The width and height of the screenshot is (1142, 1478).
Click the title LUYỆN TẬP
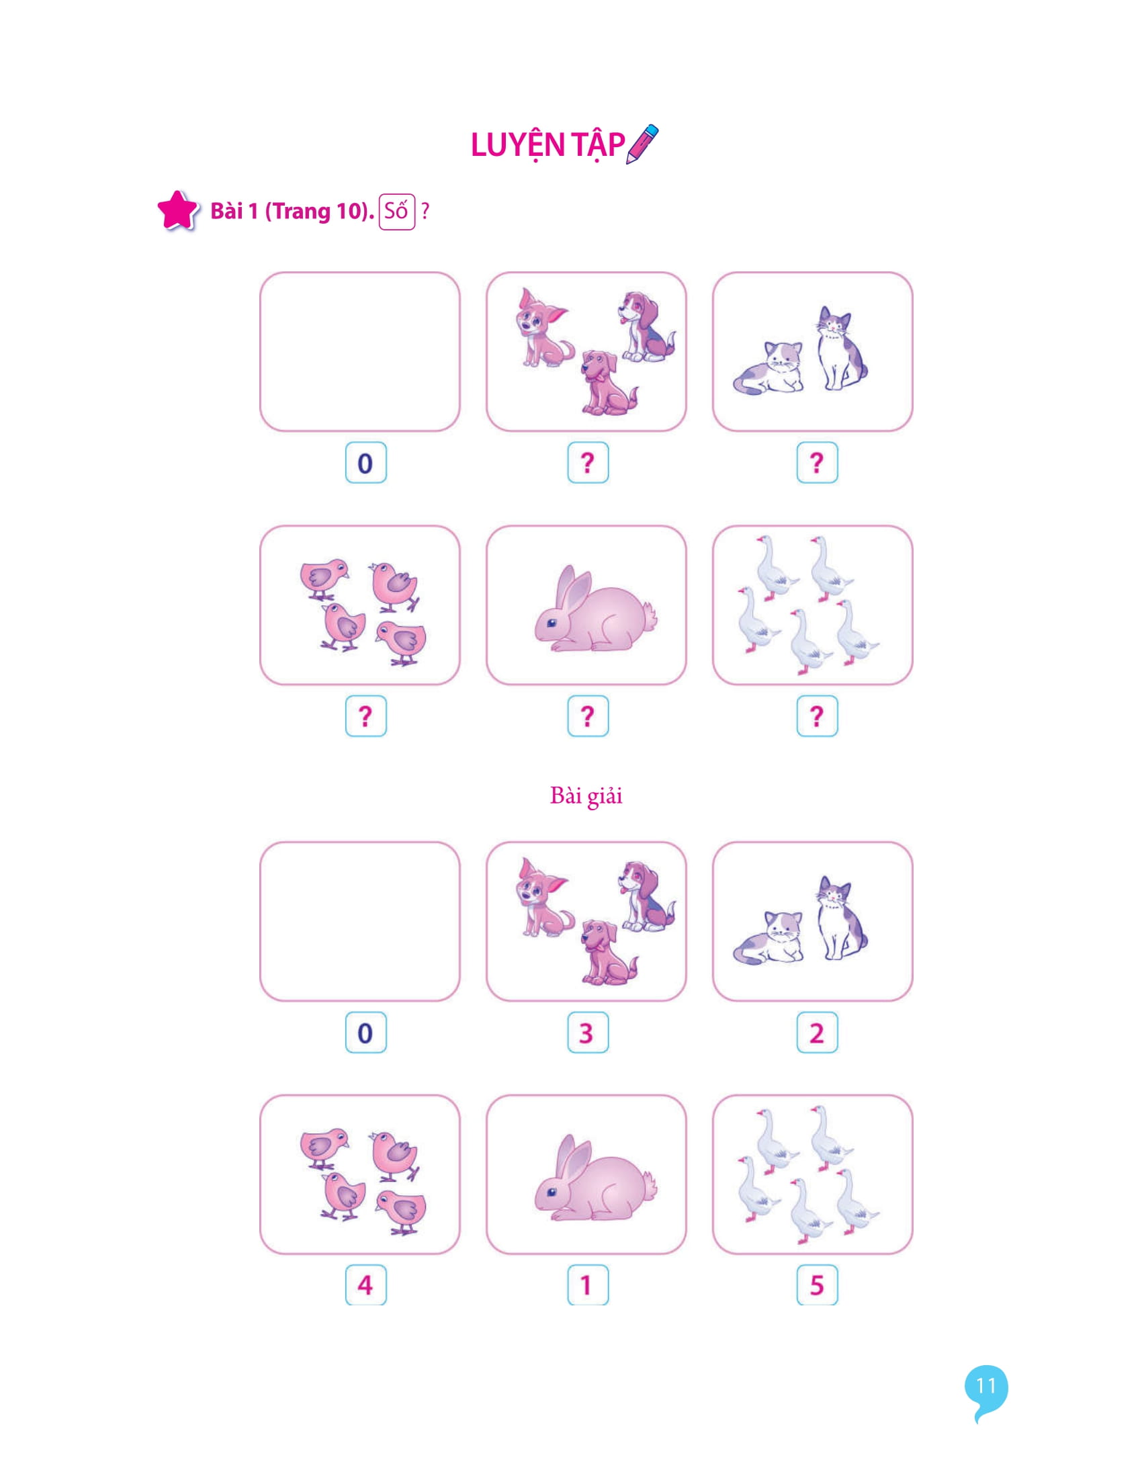(547, 146)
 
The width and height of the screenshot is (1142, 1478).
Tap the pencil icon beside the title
(642, 144)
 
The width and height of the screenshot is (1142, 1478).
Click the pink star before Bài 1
(177, 210)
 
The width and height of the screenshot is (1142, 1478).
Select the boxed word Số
(396, 211)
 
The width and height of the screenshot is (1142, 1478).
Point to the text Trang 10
(317, 211)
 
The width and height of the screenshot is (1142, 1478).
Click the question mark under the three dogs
(587, 463)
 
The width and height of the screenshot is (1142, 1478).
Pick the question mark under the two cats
(817, 463)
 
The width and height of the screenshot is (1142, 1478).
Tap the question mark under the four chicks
(365, 716)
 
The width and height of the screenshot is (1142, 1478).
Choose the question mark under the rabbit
(587, 716)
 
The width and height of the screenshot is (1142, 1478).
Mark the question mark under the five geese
(817, 716)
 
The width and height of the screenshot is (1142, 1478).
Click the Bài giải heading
(586, 796)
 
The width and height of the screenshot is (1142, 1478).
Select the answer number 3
(587, 1033)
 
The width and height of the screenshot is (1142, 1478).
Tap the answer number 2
(817, 1033)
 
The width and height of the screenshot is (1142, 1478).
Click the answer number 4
(365, 1285)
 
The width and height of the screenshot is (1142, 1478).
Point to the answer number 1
(587, 1285)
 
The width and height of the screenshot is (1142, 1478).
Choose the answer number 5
(817, 1285)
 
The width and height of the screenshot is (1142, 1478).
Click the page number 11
(985, 1386)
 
